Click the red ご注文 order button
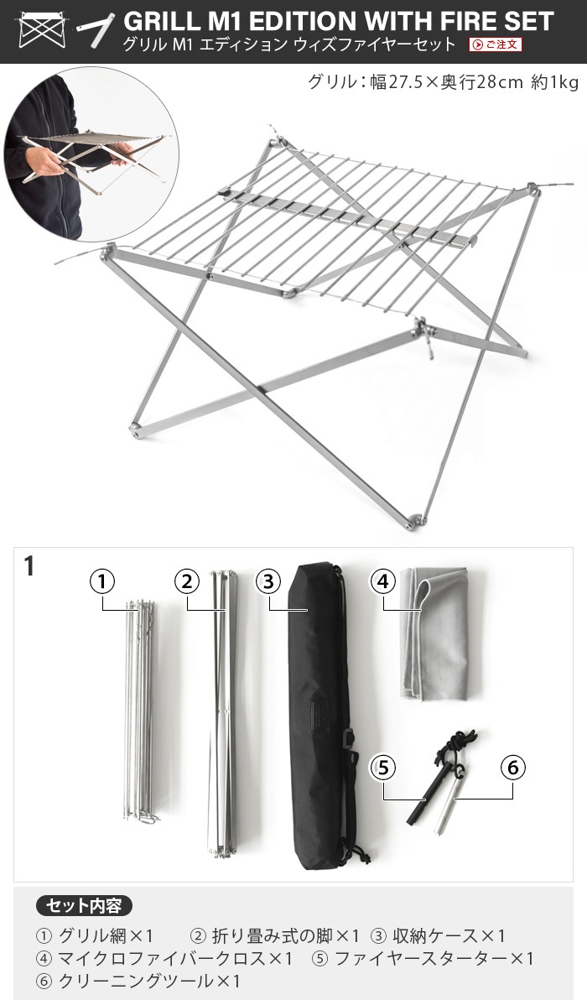point(496,44)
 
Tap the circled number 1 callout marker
point(102,581)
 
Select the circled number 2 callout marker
point(187,581)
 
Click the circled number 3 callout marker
point(268,581)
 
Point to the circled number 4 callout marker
point(383,581)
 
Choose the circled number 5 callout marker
point(382,768)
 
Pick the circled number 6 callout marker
point(513,768)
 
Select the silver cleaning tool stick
point(447,805)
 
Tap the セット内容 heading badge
point(84,905)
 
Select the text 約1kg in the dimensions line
point(554,81)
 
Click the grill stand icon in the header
point(42,29)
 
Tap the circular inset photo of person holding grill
point(89,153)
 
